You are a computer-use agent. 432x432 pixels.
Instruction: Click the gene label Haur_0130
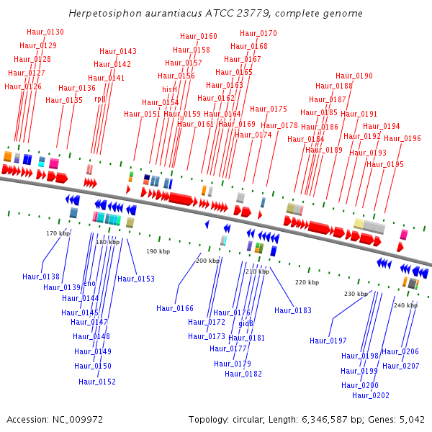(45, 32)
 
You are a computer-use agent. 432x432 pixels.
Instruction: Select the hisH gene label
(169, 89)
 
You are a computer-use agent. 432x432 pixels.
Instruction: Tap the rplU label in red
(100, 99)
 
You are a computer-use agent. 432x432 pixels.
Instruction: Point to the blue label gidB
(246, 323)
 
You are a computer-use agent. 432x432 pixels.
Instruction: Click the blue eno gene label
(89, 284)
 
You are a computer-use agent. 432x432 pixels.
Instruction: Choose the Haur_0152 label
(97, 382)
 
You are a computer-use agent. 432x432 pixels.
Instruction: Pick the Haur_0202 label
(371, 395)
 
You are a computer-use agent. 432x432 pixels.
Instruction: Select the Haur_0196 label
(402, 138)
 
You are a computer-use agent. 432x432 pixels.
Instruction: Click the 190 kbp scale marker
(158, 251)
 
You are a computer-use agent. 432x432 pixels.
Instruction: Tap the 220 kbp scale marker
(307, 282)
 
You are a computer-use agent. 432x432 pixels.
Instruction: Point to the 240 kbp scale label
(405, 305)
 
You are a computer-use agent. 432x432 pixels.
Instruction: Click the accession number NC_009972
(78, 420)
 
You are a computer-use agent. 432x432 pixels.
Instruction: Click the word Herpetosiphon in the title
(105, 13)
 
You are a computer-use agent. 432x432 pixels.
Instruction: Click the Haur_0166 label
(175, 308)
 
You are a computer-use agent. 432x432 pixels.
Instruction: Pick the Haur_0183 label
(293, 310)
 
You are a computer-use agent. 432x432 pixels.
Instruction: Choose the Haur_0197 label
(328, 341)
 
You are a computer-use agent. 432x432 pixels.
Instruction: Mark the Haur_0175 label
(269, 109)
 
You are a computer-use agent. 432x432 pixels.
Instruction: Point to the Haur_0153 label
(136, 279)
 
